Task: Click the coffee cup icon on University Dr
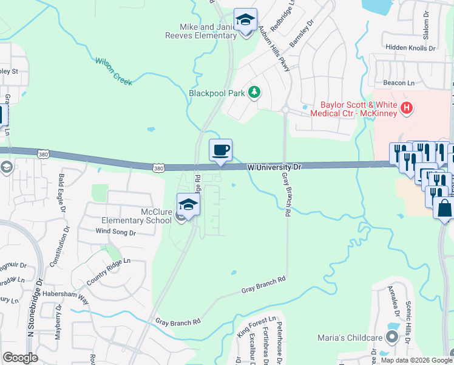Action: point(220,150)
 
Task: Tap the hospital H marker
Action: point(407,108)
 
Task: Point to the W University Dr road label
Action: point(274,166)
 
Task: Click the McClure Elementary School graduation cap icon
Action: point(188,205)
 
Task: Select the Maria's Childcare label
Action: point(348,338)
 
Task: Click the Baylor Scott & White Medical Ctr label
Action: point(354,109)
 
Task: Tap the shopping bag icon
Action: point(444,208)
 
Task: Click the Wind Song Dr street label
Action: point(113,231)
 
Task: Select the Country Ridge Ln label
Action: point(108,271)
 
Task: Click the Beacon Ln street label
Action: point(398,82)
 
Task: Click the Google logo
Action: point(20,358)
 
